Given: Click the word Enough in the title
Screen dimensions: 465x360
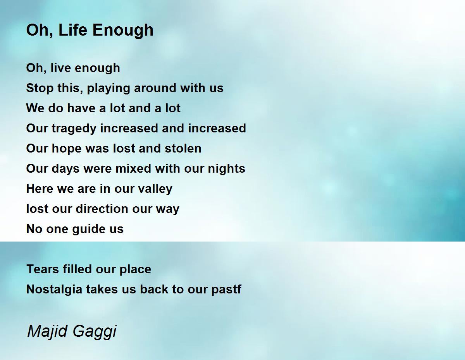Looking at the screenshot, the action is pyautogui.click(x=123, y=30).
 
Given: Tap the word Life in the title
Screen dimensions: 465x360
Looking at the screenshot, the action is pyautogui.click(x=73, y=30).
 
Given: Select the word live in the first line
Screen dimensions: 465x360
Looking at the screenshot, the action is pyautogui.click(x=61, y=68).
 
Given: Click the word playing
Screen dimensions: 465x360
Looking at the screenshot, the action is pyautogui.click(x=108, y=89).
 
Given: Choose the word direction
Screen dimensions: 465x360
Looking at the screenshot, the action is pyautogui.click(x=102, y=208).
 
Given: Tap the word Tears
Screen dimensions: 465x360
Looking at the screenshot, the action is pyautogui.click(x=43, y=269).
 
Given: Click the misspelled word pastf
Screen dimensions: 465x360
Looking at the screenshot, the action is pyautogui.click(x=226, y=290).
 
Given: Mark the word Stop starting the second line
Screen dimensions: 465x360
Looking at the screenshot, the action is pyautogui.click(x=40, y=88).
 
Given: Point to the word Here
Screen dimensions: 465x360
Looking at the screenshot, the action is pyautogui.click(x=40, y=189).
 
